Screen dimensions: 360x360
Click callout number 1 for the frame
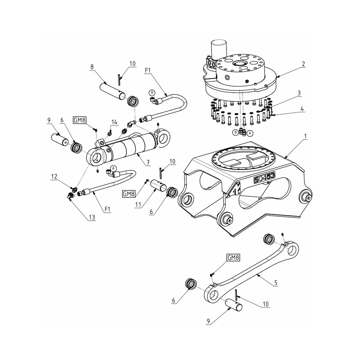pos(305,136)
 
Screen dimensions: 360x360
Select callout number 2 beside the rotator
pos(304,64)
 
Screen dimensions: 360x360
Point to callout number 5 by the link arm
pos(276,282)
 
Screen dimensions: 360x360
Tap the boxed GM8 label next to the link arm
pos(233,257)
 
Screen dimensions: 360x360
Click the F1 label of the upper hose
pos(148,70)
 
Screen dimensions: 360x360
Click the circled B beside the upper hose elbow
pos(152,91)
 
